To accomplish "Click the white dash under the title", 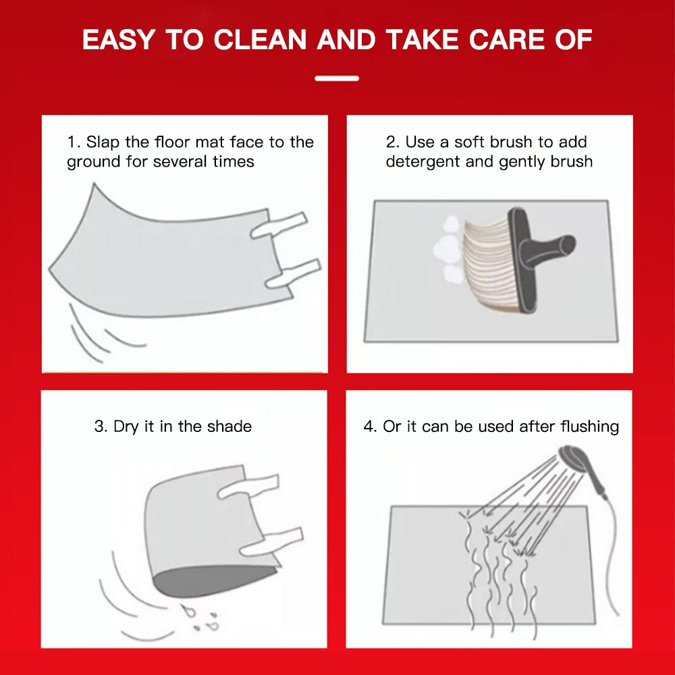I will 337,78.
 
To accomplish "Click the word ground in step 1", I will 94,162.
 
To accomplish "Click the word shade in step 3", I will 229,427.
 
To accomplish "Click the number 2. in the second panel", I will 392,142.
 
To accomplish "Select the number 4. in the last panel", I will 370,427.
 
